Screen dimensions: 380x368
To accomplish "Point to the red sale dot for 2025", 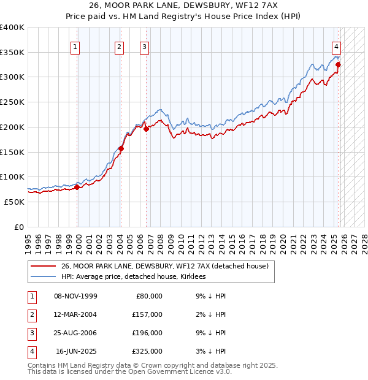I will click(339, 64).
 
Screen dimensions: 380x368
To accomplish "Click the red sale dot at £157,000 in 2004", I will click(121, 148).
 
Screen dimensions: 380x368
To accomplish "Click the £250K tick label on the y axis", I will click(12, 102).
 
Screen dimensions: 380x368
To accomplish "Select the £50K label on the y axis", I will click(14, 202).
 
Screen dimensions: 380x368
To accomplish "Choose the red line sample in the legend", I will click(43, 267).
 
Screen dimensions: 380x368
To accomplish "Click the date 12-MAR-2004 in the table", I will click(75, 314).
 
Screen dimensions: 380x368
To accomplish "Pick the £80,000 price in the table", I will click(149, 296).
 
